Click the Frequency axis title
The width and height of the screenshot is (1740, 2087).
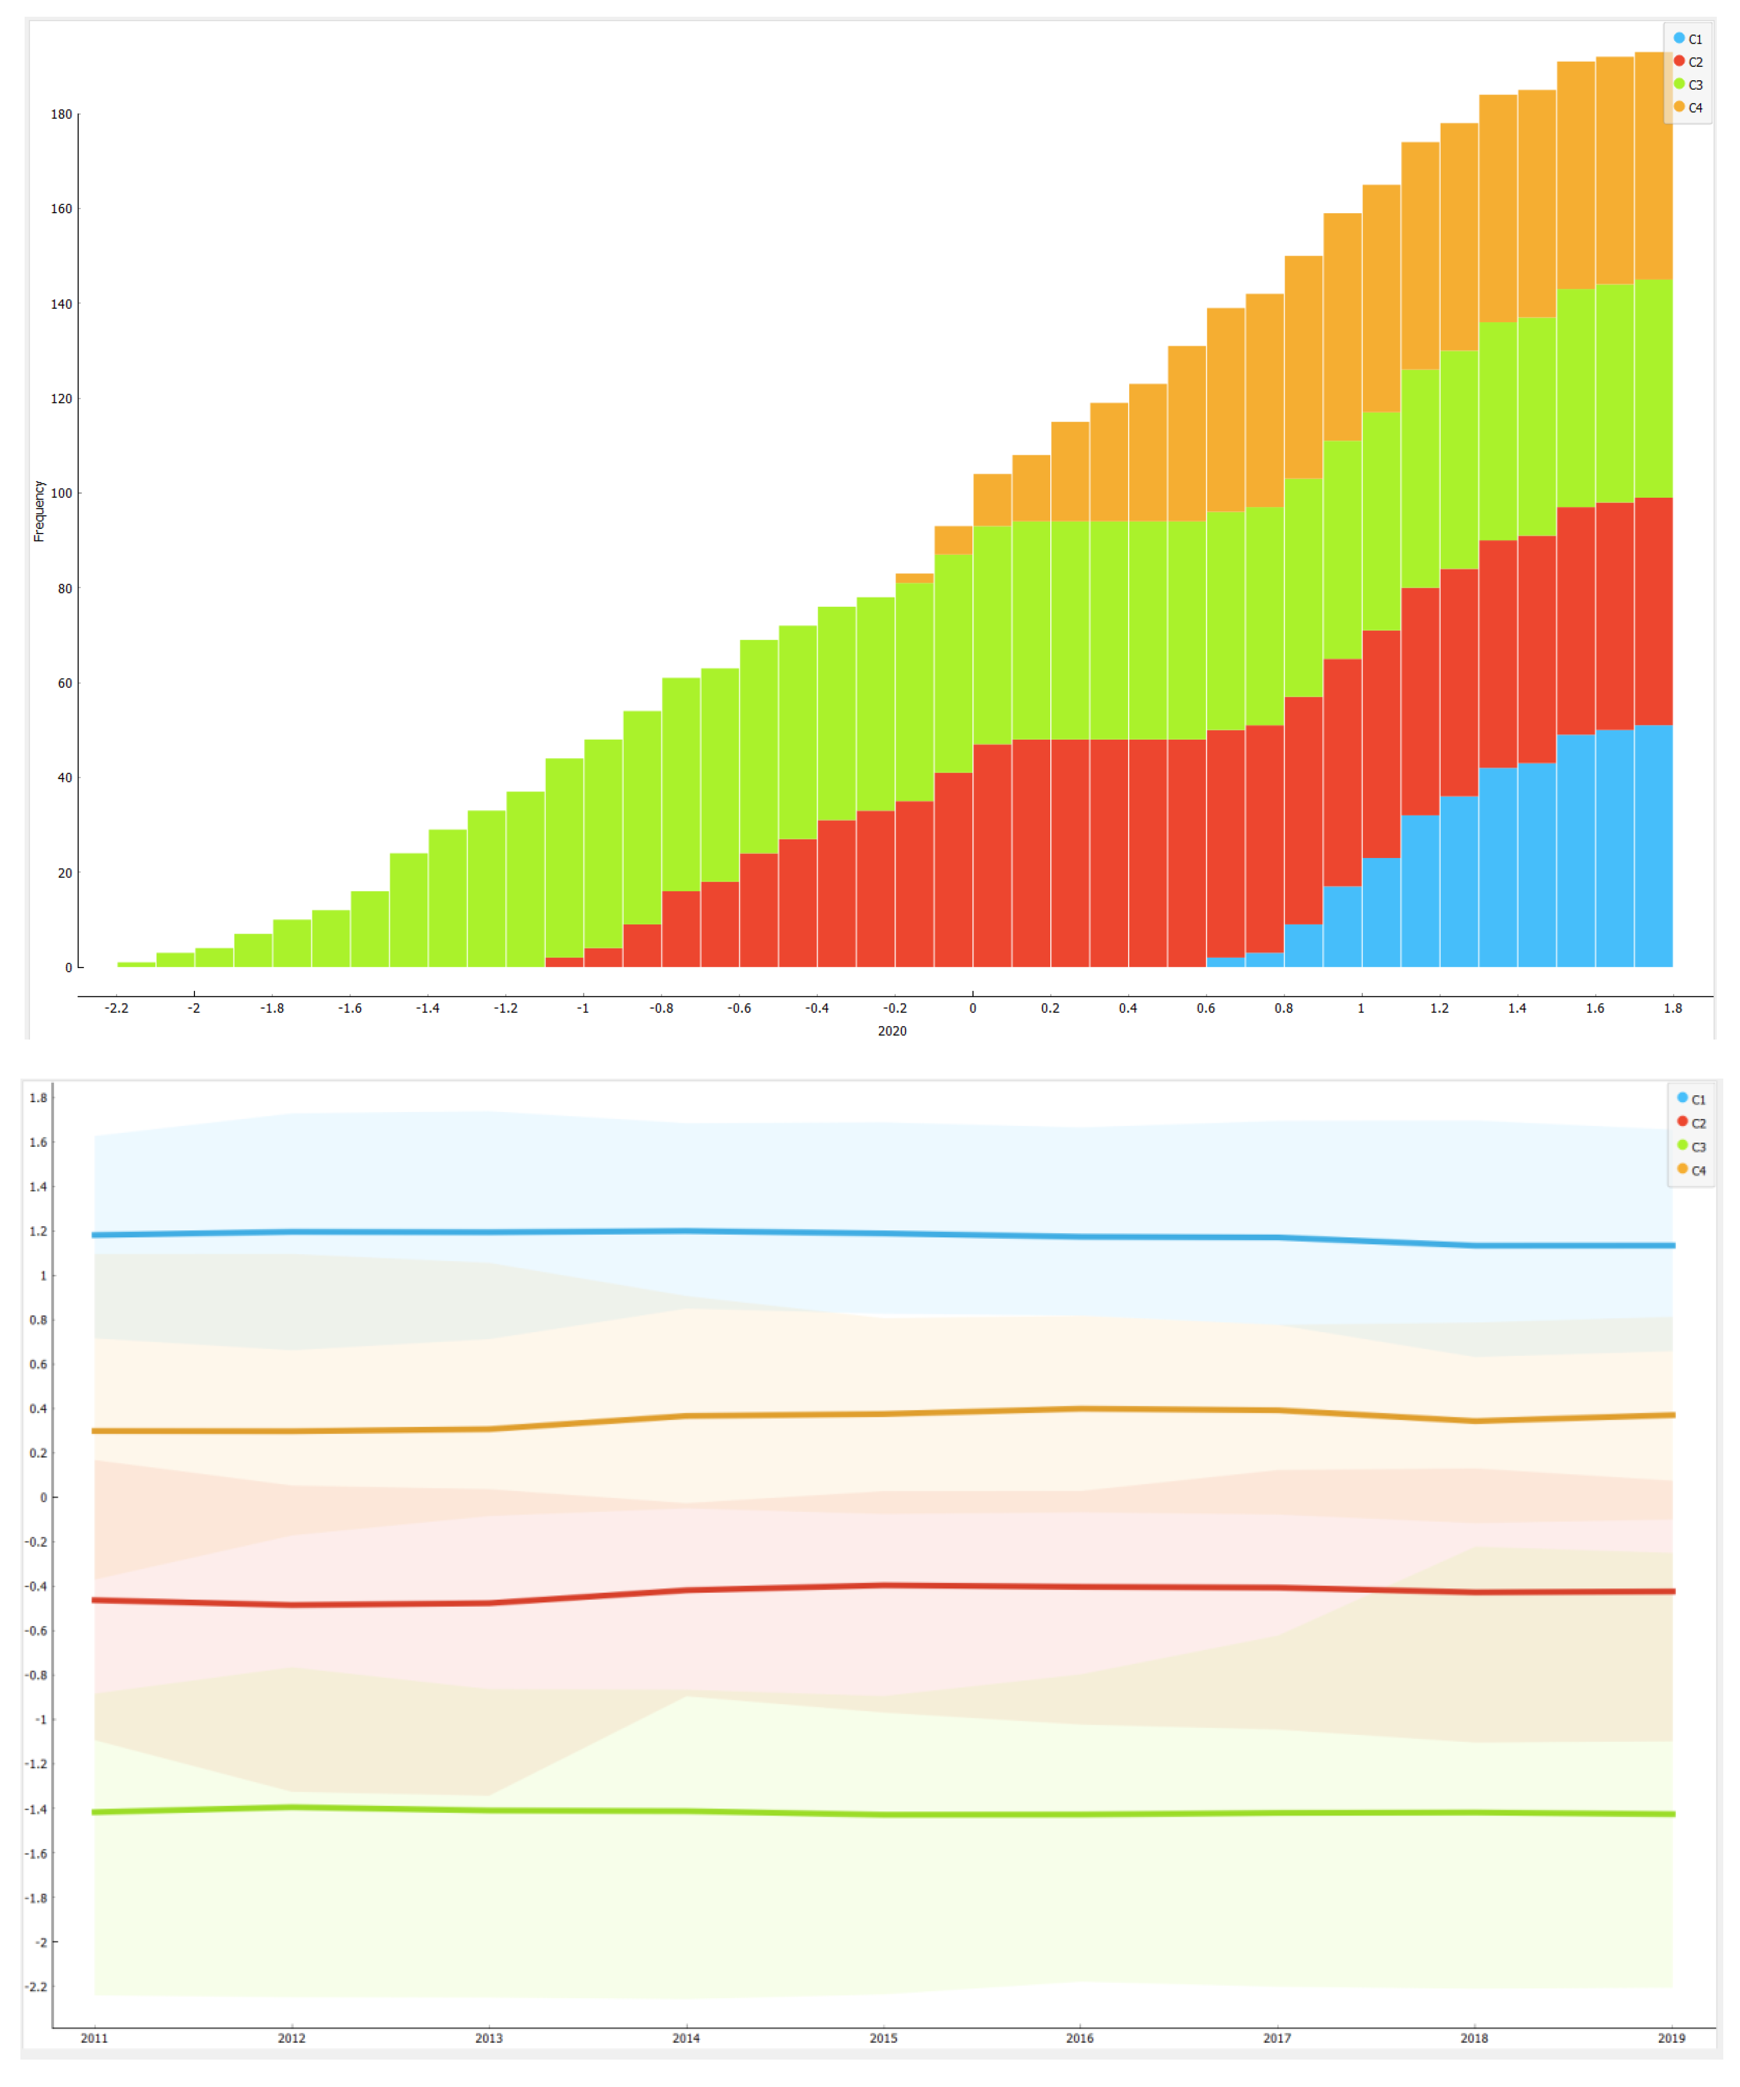tap(39, 511)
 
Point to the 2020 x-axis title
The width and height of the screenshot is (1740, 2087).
tap(892, 1031)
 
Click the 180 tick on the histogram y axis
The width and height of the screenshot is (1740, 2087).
tap(62, 114)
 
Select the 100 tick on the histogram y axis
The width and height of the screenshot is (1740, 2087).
tap(62, 493)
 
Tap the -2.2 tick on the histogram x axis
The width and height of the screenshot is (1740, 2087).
tap(116, 1008)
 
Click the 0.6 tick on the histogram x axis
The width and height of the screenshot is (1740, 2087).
tap(1205, 1008)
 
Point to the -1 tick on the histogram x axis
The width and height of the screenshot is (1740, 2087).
tap(582, 1008)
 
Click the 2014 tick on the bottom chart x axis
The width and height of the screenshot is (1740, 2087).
tap(686, 2038)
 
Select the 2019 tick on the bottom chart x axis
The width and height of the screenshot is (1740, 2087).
tap(1671, 2038)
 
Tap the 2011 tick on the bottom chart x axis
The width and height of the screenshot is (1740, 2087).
tap(94, 2038)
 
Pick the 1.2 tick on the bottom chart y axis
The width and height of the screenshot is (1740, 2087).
tap(38, 1231)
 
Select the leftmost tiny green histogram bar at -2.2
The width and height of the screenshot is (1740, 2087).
tap(136, 964)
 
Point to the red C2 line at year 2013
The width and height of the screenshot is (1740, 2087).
tap(489, 1603)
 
